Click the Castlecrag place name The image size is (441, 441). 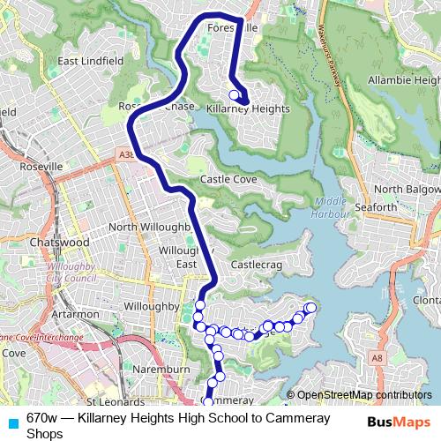[x=254, y=264]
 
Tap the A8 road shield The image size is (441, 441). [x=377, y=358]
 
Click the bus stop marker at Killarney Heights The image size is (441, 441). [x=234, y=95]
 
